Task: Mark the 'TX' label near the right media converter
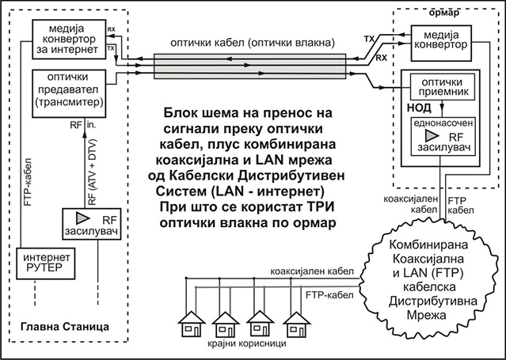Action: tap(370, 38)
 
